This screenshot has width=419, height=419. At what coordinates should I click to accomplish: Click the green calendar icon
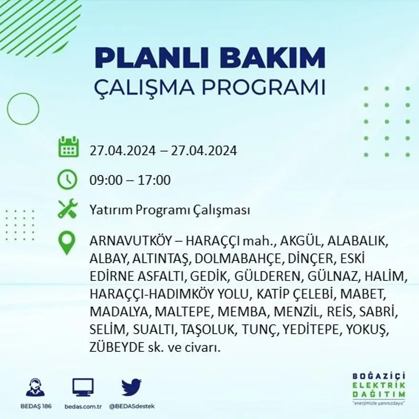(x=68, y=147)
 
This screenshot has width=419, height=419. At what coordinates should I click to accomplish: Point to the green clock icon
(x=67, y=180)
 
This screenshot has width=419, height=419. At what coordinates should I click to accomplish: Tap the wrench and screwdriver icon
(x=67, y=209)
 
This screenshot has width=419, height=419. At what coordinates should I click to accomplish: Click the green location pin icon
(x=67, y=242)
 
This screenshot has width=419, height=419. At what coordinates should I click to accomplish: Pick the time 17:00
(x=155, y=180)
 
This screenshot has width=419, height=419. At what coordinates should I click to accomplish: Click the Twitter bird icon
(x=131, y=387)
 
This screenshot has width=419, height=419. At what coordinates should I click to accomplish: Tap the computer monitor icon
(x=83, y=388)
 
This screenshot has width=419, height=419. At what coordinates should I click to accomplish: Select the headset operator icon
(x=35, y=388)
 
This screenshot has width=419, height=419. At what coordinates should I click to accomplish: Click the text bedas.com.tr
(x=83, y=406)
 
